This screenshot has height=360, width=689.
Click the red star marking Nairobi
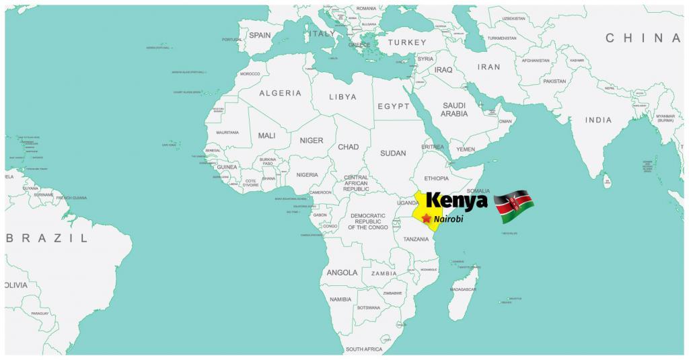pos(426,219)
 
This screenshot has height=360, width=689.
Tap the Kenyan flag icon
pos(514,207)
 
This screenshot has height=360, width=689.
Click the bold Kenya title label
pos(457,201)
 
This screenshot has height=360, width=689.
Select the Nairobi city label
pos(449,219)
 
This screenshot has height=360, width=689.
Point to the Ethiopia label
pos(436,178)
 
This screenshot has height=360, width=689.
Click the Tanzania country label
pos(416,240)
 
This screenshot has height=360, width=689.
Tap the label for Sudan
pos(393,153)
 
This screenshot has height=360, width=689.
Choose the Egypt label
pos(394,106)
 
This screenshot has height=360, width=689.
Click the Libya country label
pos(342,97)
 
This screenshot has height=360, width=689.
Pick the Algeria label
pos(280,93)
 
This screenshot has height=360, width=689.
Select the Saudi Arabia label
pos(454,110)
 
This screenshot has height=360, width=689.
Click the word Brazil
pos(46,238)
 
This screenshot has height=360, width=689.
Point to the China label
pos(643,38)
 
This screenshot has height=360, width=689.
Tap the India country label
pos(598,120)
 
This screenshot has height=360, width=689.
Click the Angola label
pos(342,273)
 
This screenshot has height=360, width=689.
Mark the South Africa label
pos(363,349)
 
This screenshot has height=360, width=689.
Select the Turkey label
pos(407,42)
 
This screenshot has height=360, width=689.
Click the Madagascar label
pos(463,289)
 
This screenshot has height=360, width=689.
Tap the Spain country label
pos(260,35)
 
